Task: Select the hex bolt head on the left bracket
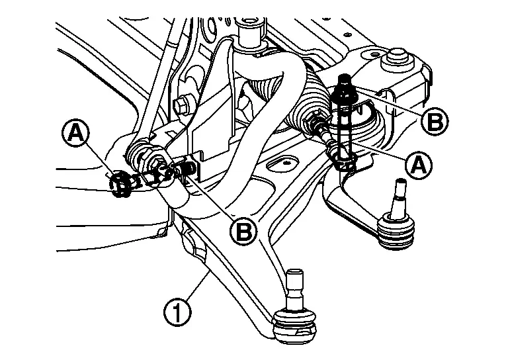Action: [183, 104]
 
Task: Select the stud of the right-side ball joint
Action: [400, 197]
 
